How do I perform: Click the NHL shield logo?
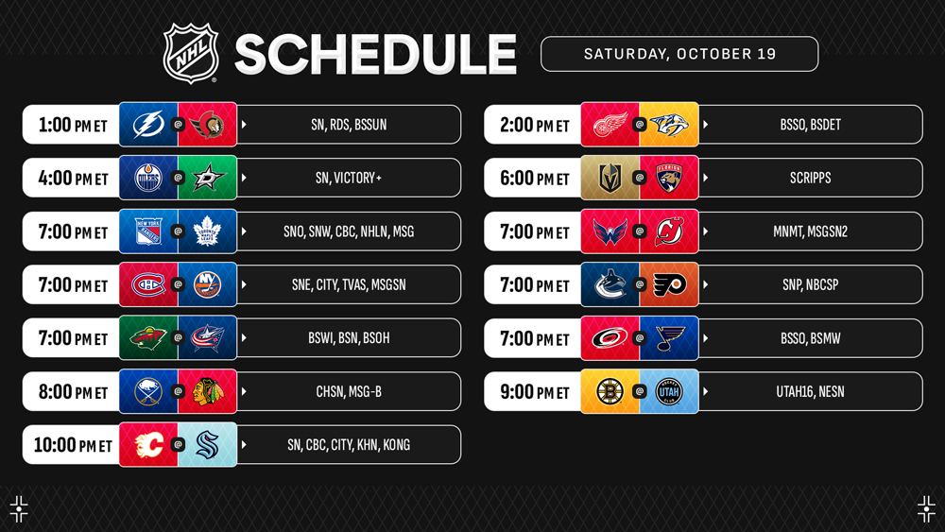point(191,53)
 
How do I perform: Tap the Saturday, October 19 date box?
point(679,54)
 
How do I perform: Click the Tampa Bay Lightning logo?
point(148,125)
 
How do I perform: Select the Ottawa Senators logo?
point(207,125)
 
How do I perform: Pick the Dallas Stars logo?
point(208,178)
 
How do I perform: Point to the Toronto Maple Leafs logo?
point(207,232)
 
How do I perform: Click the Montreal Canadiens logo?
point(148,284)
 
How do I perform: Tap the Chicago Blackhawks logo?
point(207,391)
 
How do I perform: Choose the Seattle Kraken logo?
point(207,445)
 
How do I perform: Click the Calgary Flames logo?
point(148,445)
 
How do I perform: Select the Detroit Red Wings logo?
point(610,125)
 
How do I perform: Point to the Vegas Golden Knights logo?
point(610,178)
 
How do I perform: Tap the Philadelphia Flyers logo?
point(669,284)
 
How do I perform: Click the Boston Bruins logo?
point(610,391)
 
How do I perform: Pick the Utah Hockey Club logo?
point(669,391)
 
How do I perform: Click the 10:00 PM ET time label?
point(73,445)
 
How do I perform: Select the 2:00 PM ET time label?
point(535,125)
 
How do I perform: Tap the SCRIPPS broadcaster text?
point(811,178)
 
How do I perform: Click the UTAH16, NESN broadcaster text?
point(810,391)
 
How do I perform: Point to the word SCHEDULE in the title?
point(375,54)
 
